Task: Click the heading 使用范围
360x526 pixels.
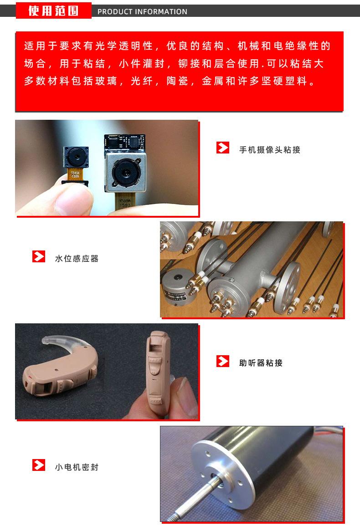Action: coord(53,11)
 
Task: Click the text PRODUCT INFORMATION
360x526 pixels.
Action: coord(142,12)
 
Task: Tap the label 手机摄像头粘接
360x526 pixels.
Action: coord(269,150)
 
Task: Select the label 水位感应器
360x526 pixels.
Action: coord(77,259)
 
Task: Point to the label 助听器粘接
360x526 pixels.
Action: coord(261,363)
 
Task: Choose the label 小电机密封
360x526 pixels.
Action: coord(77,467)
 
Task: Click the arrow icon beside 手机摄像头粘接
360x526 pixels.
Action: coord(223,148)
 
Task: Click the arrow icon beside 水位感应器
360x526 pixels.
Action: coord(39,257)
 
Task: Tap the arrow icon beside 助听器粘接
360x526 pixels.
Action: coord(223,361)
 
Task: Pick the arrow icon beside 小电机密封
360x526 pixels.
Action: coord(39,465)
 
